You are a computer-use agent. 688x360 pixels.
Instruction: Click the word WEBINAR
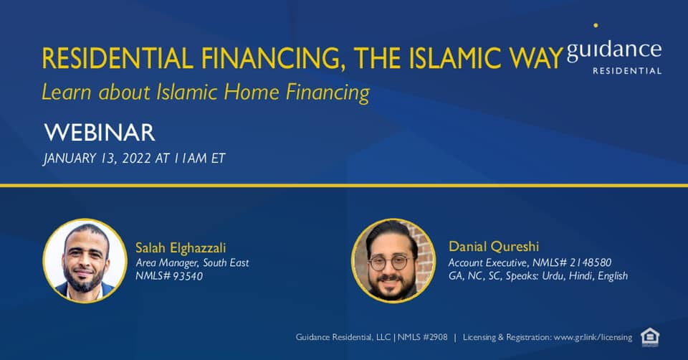(100, 133)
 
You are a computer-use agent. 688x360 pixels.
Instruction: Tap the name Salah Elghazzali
(181, 248)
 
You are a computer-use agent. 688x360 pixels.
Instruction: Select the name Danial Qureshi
(494, 247)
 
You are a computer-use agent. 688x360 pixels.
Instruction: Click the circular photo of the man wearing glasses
(393, 260)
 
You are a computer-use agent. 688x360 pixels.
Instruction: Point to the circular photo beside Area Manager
(85, 260)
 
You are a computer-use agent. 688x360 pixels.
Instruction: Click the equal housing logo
(650, 337)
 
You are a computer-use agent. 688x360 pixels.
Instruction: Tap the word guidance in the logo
(614, 50)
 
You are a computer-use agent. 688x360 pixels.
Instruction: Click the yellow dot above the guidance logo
(596, 26)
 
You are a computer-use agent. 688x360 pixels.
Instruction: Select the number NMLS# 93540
(169, 276)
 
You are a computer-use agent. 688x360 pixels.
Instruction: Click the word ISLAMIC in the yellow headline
(455, 58)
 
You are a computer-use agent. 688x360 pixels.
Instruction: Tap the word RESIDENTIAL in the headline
(118, 58)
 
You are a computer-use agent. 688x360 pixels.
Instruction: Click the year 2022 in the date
(136, 158)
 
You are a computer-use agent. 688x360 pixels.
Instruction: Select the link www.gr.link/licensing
(593, 338)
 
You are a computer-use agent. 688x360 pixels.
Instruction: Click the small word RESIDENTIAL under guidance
(627, 71)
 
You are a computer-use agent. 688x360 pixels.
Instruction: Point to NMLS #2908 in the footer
(423, 337)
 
